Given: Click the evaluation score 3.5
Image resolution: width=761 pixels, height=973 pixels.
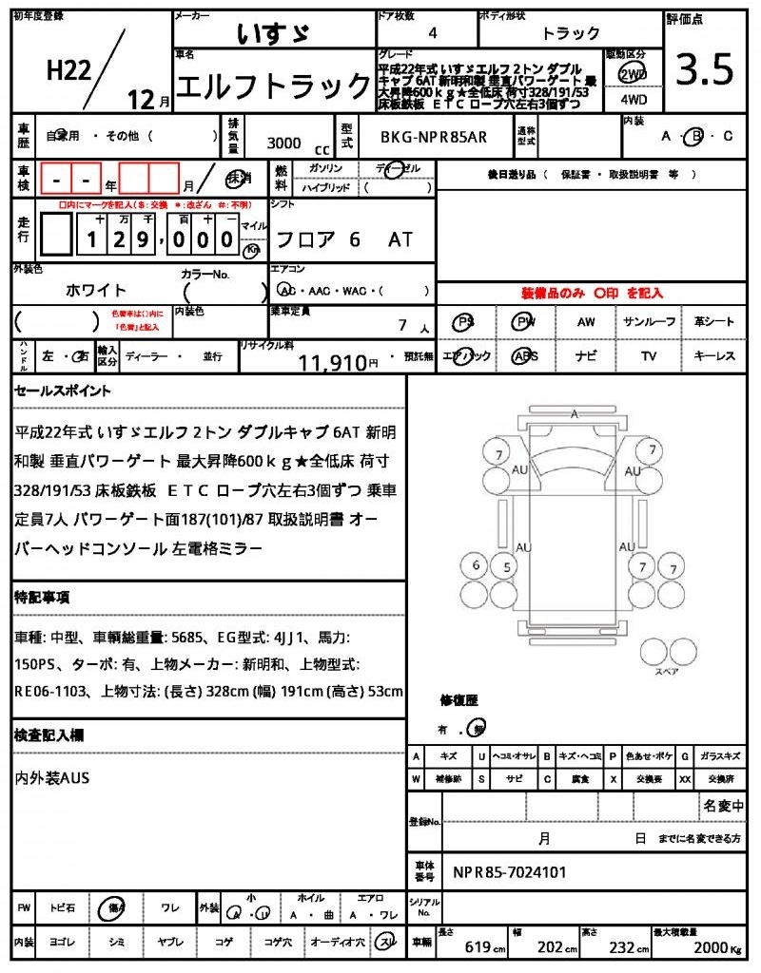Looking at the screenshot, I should pos(705,69).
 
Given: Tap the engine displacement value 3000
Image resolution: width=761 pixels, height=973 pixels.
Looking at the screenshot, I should pos(283,143).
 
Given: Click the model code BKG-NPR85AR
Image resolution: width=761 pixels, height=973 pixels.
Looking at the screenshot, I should pos(433,137).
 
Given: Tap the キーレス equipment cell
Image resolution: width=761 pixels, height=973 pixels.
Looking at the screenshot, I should pos(713,356).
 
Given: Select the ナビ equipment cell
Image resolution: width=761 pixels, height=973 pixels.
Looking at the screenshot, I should pos(586,356).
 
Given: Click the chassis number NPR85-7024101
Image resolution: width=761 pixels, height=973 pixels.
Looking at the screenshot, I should pos(510,871).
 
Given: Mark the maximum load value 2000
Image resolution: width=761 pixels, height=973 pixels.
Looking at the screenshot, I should pos(709,946).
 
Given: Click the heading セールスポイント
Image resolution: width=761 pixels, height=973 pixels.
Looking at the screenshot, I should pos(63,391).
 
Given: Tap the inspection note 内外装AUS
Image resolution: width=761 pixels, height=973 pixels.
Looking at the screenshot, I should pos(52,778).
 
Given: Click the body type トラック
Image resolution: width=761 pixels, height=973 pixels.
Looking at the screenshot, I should pos(571,33).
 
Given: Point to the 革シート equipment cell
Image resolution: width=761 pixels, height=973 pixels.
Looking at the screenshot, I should pos(713,322).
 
